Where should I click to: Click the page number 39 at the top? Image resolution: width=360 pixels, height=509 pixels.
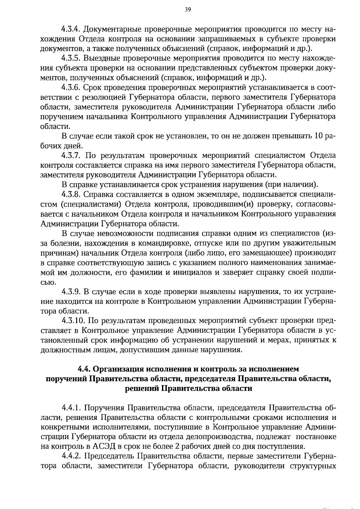[x=179, y=10]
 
